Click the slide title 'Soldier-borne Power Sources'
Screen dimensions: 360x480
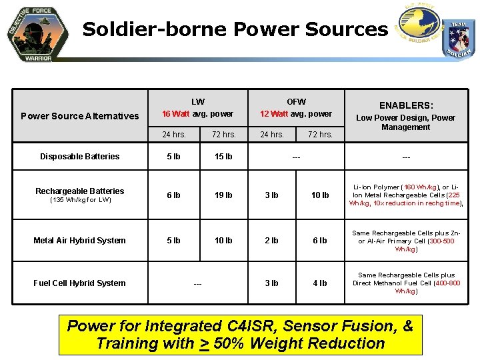click(x=235, y=29)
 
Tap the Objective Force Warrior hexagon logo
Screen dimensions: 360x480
click(x=38, y=33)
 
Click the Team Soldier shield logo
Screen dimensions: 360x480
click(x=459, y=39)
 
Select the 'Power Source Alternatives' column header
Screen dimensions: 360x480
click(x=80, y=116)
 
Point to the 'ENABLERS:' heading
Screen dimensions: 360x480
click(x=406, y=105)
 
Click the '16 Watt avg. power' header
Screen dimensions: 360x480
click(x=198, y=114)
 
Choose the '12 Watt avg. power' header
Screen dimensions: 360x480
click(x=296, y=114)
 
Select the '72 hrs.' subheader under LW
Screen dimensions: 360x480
click(x=223, y=135)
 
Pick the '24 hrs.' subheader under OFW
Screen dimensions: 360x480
click(x=271, y=135)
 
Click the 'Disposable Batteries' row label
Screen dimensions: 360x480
click(x=80, y=157)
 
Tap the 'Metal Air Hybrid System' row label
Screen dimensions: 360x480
click(x=80, y=241)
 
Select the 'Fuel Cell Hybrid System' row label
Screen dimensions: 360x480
click(x=80, y=283)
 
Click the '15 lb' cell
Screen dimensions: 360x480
click(x=223, y=157)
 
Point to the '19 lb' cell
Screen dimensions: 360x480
click(x=223, y=195)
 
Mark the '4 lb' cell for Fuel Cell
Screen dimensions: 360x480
click(x=321, y=283)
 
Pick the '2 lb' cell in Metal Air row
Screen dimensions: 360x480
click(x=271, y=241)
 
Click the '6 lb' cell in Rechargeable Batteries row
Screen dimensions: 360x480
click(x=173, y=195)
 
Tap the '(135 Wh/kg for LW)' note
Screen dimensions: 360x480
click(x=80, y=200)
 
